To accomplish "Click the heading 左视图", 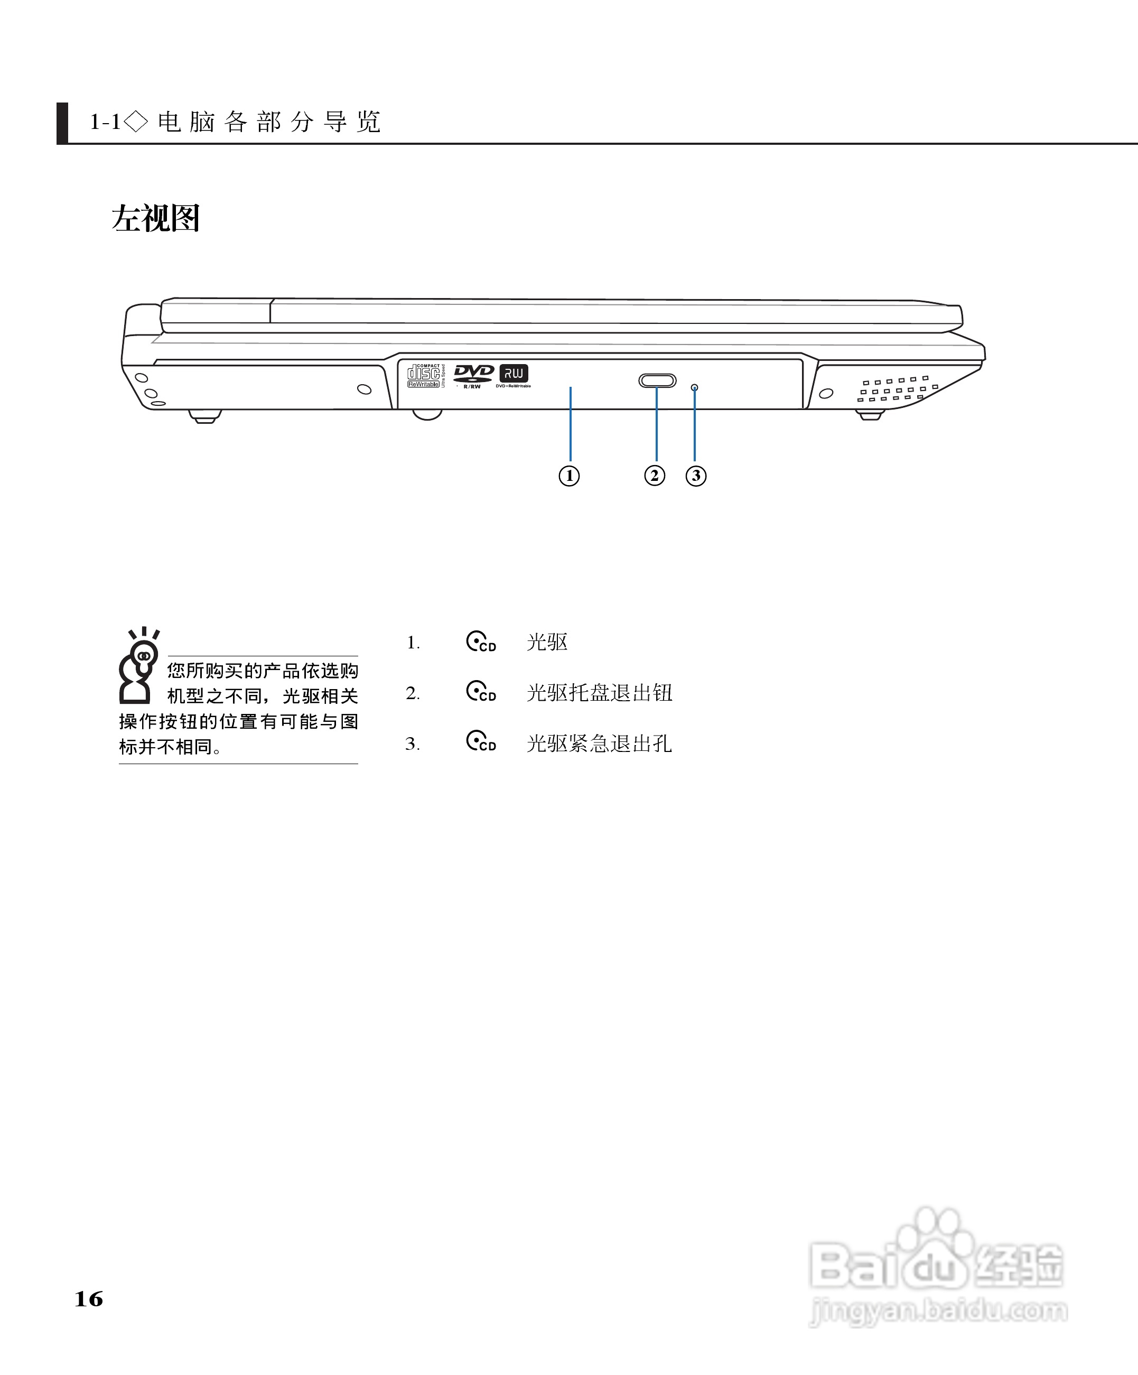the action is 156,219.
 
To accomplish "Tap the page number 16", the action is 89,1299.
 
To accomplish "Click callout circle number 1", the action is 569,476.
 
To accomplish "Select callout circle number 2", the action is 655,476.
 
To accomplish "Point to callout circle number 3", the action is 695,476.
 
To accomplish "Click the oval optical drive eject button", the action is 657,380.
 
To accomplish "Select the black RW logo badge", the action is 514,374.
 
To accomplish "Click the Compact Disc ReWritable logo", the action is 424,376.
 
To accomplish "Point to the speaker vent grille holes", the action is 897,389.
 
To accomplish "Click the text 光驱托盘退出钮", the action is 599,693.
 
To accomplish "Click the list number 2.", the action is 413,693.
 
